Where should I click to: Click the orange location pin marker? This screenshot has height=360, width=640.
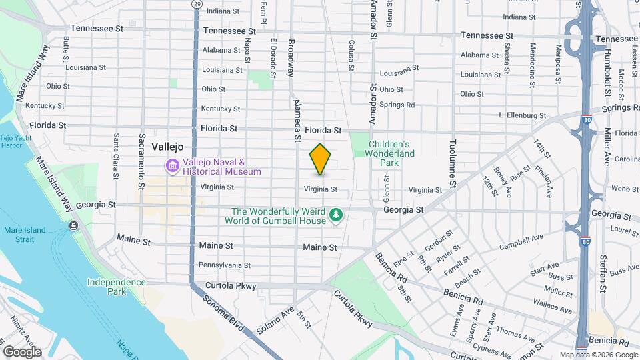point(321,159)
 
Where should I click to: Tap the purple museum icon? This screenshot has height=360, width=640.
point(172,166)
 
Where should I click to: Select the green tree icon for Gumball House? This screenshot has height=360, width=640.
point(337,214)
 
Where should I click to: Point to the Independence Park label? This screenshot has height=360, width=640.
point(116,287)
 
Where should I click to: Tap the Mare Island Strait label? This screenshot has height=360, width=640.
point(25,235)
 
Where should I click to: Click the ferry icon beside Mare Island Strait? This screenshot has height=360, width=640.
point(72,225)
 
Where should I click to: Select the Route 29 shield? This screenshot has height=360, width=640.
point(197,4)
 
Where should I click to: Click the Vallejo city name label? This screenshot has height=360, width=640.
point(167,147)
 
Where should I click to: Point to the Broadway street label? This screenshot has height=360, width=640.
point(291,58)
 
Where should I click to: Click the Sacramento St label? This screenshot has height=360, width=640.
point(142,156)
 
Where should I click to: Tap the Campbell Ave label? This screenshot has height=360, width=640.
point(523,239)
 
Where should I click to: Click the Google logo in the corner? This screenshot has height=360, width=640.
point(22,351)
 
